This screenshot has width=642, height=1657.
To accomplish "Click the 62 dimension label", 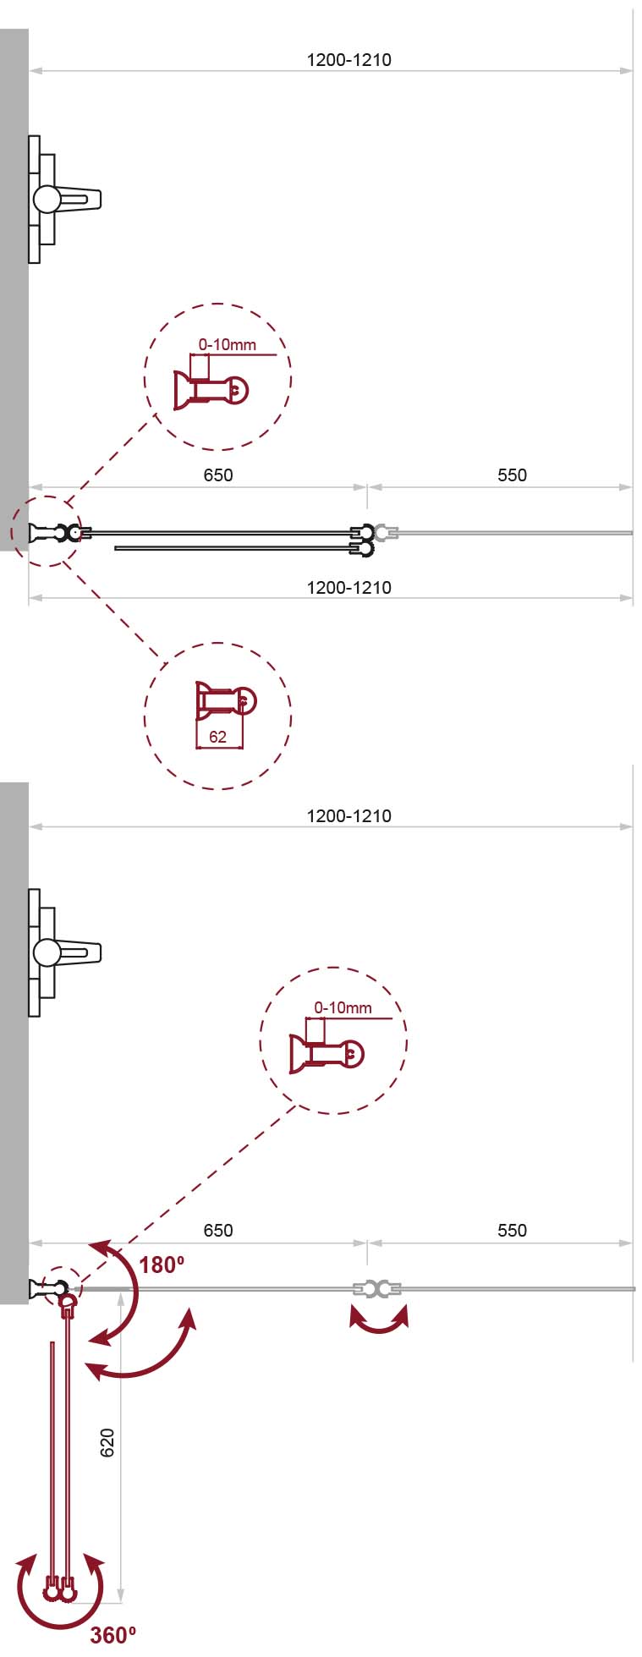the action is click(217, 737).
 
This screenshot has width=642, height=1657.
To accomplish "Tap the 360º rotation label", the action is click(113, 1635).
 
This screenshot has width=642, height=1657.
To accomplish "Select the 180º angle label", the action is click(162, 1265).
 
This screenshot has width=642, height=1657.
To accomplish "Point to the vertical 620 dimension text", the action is click(107, 1442).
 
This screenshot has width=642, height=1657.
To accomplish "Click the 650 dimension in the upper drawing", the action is click(218, 475).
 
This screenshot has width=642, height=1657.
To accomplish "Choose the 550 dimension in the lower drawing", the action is click(513, 1231).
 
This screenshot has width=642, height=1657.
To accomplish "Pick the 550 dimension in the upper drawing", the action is click(513, 475).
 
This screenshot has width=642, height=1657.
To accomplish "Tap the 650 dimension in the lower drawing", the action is click(218, 1231).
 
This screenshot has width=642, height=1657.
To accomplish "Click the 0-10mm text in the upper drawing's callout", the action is click(228, 345).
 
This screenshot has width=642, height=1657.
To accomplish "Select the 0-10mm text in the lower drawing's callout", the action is click(343, 1007).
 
